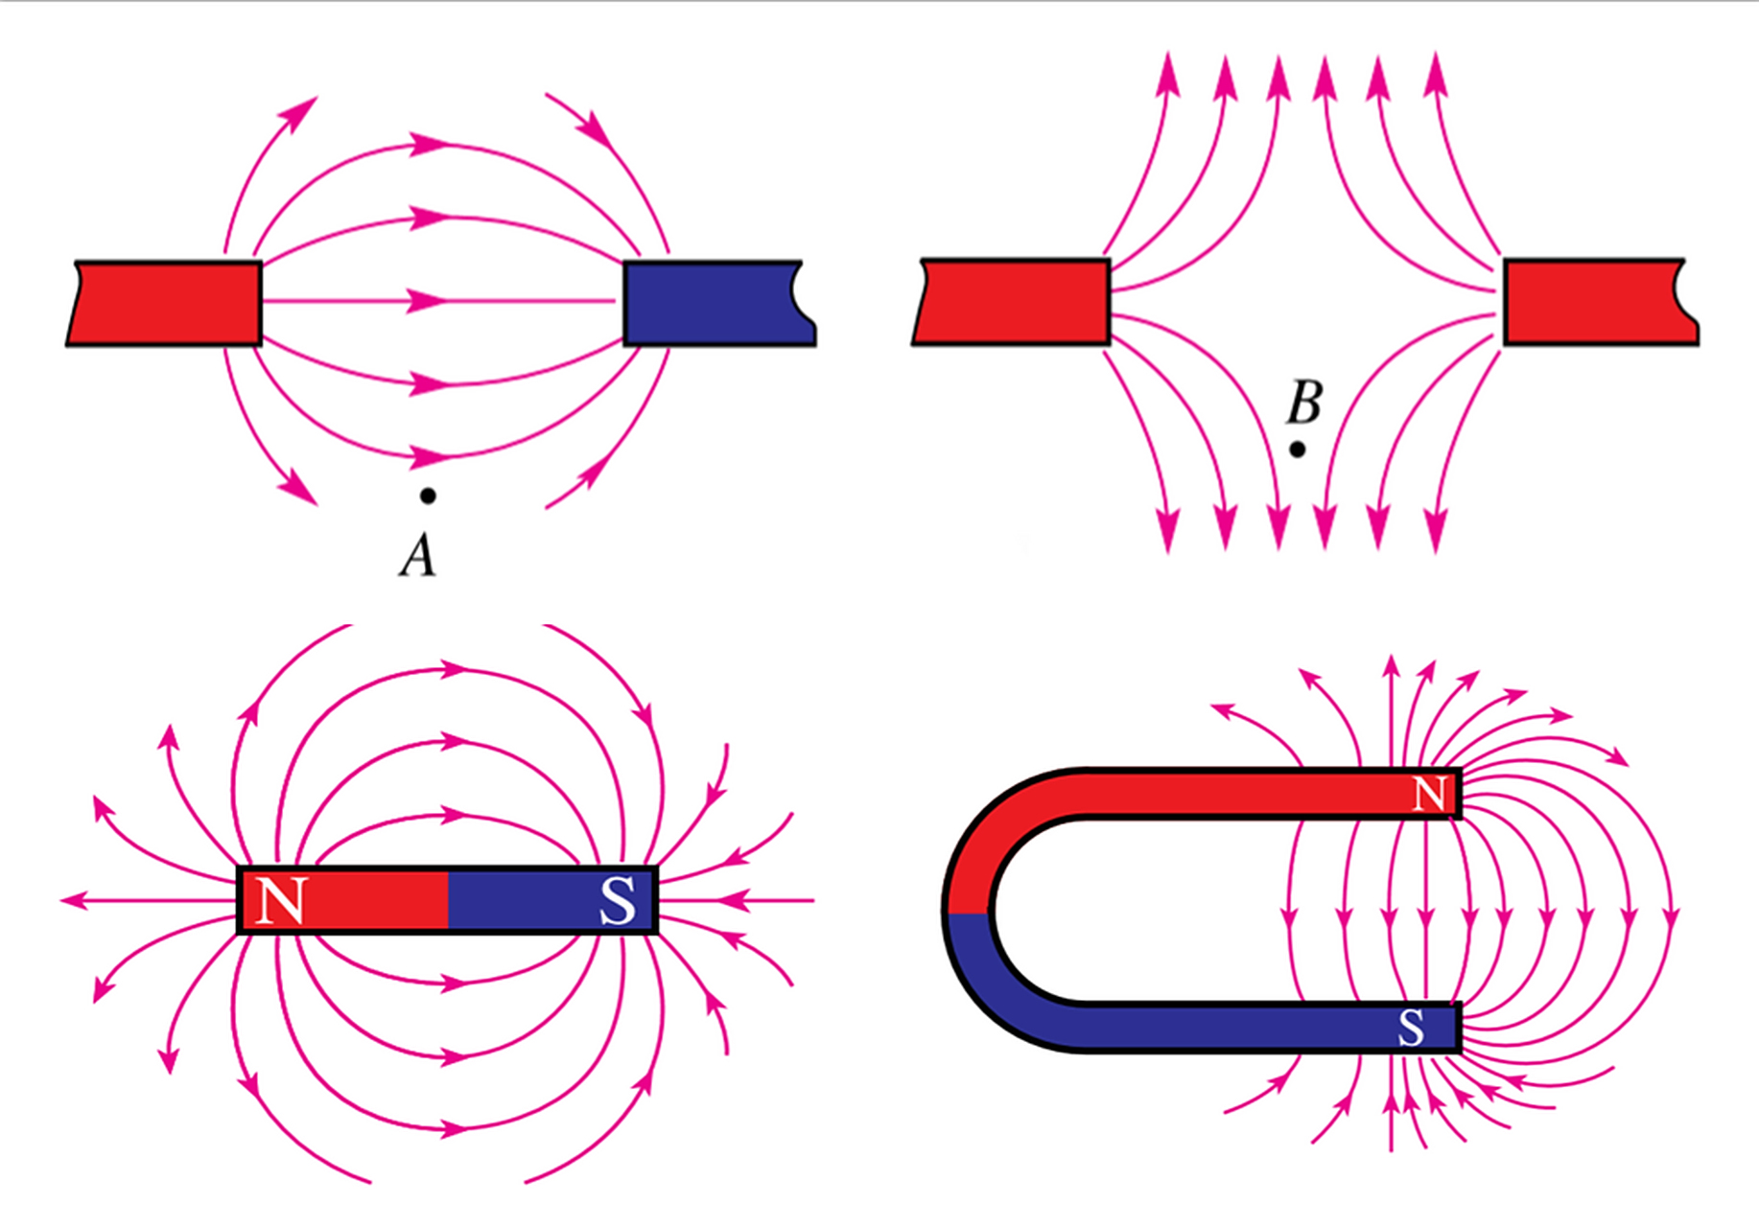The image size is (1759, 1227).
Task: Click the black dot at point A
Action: (x=428, y=496)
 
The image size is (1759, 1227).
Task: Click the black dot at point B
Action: (x=1297, y=449)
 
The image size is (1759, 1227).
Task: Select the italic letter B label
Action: (x=1304, y=403)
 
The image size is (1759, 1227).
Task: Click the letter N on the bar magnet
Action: (x=281, y=900)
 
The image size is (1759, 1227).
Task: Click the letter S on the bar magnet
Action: (x=617, y=900)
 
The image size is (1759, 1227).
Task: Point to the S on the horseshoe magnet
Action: (x=1411, y=1029)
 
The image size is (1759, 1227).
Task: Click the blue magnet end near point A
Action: (x=715, y=303)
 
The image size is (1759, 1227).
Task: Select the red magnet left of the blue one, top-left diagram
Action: (x=165, y=303)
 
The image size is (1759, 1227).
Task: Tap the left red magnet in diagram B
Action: (x=1012, y=302)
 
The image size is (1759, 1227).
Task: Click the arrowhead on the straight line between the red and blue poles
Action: (x=428, y=301)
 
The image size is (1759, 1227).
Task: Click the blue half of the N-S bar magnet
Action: (x=551, y=900)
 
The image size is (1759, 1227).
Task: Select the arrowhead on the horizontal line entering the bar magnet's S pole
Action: (x=734, y=900)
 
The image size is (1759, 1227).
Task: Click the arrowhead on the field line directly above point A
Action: (x=428, y=454)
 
